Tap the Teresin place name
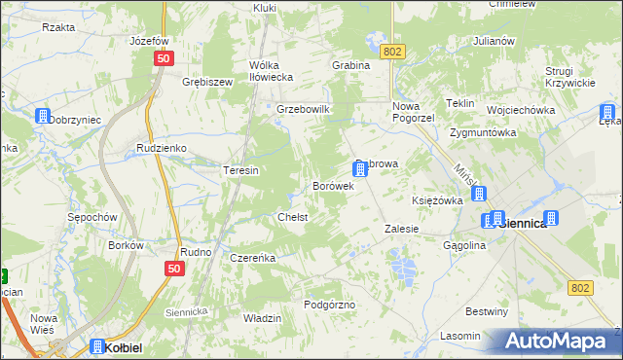pyautogui.click(x=240, y=170)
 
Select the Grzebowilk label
pyautogui.click(x=305, y=109)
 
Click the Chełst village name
pyautogui.click(x=293, y=217)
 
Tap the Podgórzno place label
pyautogui.click(x=330, y=305)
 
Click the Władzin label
pyautogui.click(x=262, y=318)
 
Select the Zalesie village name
pyautogui.click(x=401, y=229)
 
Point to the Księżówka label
pyautogui.click(x=437, y=199)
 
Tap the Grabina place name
pyautogui.click(x=350, y=65)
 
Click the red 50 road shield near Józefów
pyautogui.click(x=162, y=58)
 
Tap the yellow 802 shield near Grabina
pyautogui.click(x=392, y=52)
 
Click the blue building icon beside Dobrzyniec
pyautogui.click(x=42, y=116)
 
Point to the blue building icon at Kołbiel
pyautogui.click(x=98, y=346)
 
